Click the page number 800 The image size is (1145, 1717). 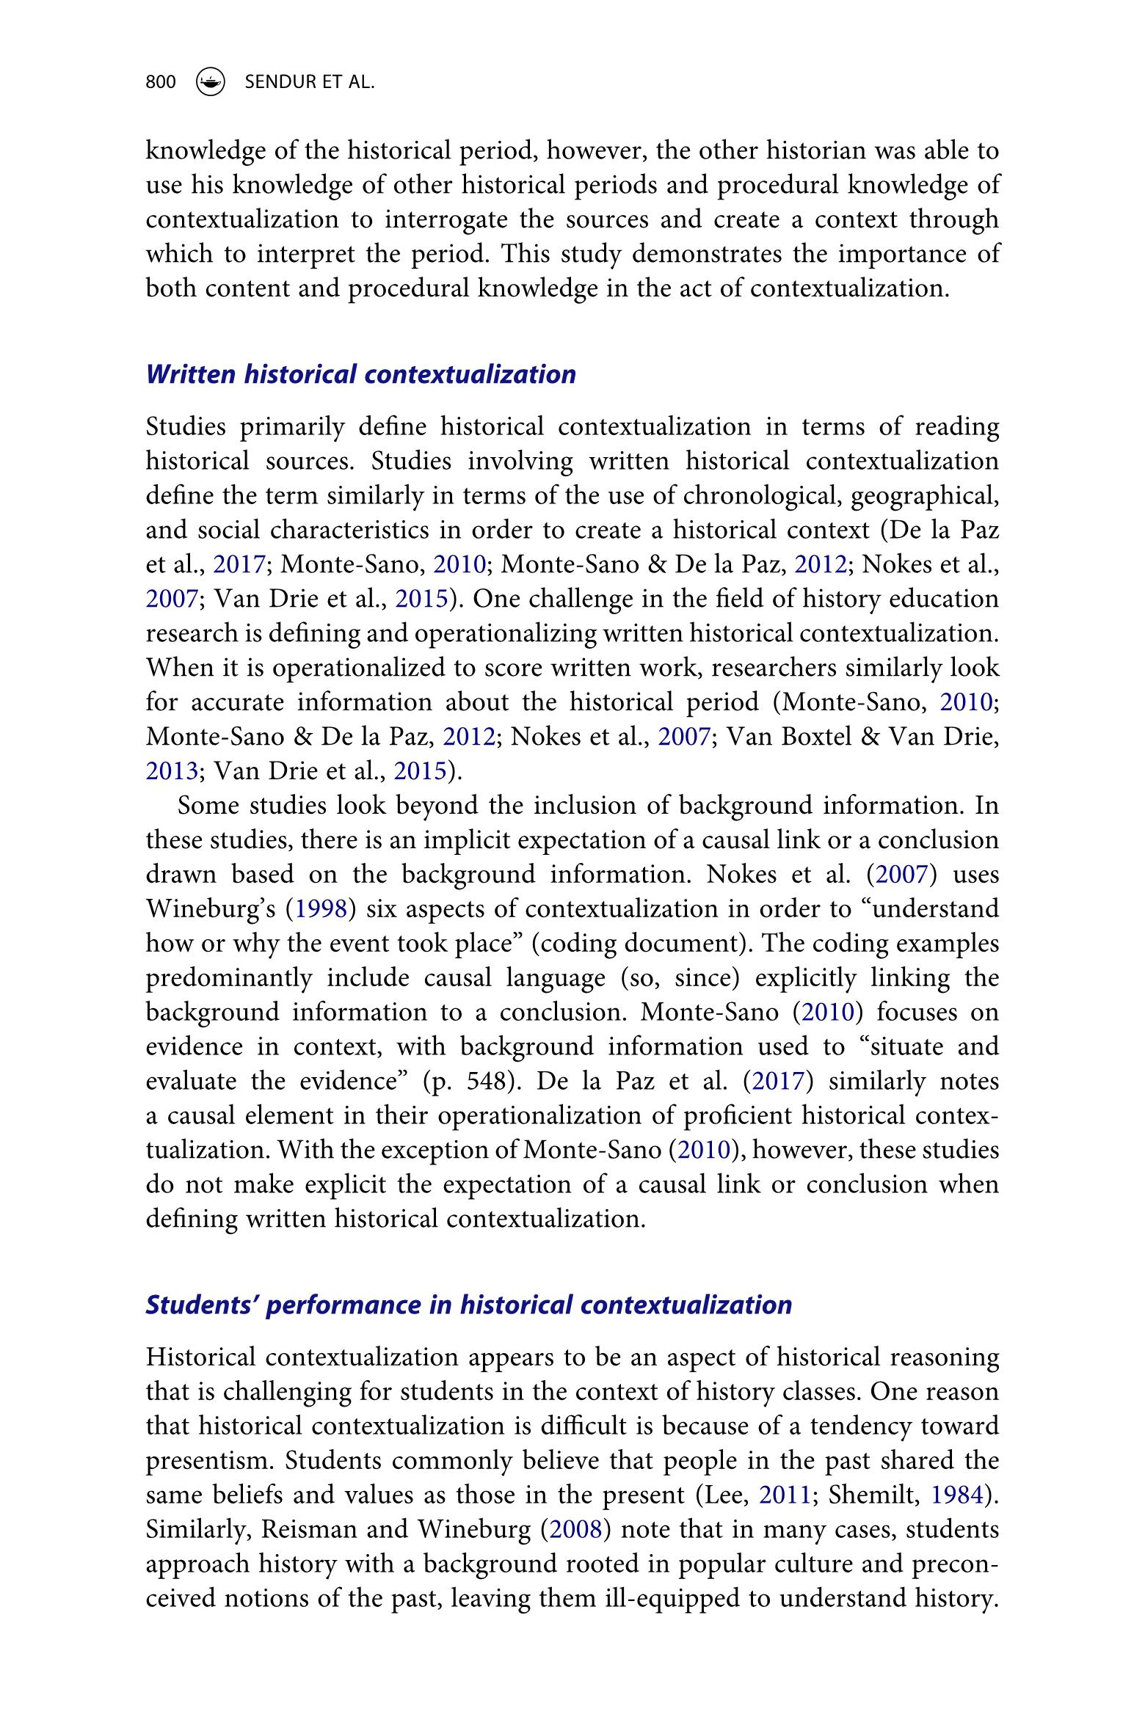pyautogui.click(x=161, y=81)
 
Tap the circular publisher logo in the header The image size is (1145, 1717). pyautogui.click(x=211, y=81)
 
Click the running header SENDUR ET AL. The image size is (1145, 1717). pyautogui.click(x=309, y=81)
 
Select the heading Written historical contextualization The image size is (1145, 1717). pyautogui.click(x=361, y=374)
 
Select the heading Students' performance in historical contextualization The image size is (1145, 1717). pyautogui.click(x=469, y=1305)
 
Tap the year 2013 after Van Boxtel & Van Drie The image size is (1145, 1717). pyautogui.click(x=172, y=770)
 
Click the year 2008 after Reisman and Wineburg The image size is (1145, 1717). pyautogui.click(x=575, y=1529)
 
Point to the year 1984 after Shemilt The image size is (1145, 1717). pyautogui.click(x=958, y=1495)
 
